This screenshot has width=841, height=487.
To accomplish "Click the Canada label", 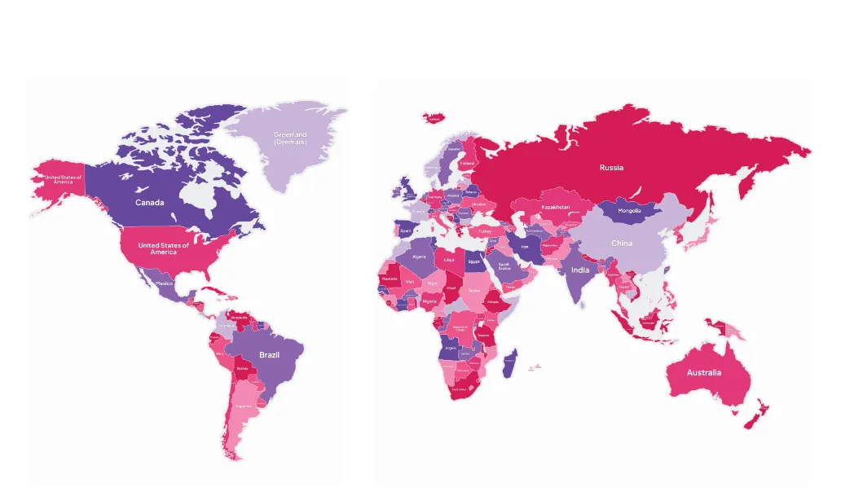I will pos(150,202).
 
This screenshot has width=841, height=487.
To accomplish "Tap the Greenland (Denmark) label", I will pos(290,138).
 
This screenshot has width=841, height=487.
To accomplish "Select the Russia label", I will pos(611,168).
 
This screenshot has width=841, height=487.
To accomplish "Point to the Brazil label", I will pos(270,355).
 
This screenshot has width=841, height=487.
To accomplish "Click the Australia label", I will pos(703,373).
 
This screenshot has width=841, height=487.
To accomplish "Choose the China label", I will pos(622,243).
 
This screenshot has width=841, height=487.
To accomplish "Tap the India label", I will pos(580,270).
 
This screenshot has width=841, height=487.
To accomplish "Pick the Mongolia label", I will pos(629,211).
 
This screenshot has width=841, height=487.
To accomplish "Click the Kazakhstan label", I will pos(556,208).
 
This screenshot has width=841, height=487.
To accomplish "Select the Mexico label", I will pos(165,283).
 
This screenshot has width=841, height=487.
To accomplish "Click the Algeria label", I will pos(420,257).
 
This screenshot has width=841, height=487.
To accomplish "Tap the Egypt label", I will pos(474,262).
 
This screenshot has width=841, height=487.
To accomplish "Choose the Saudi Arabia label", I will pos(504,266).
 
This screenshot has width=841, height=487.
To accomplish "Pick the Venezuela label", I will pos(240,318).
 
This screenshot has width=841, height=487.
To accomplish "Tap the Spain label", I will pos(405,230).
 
